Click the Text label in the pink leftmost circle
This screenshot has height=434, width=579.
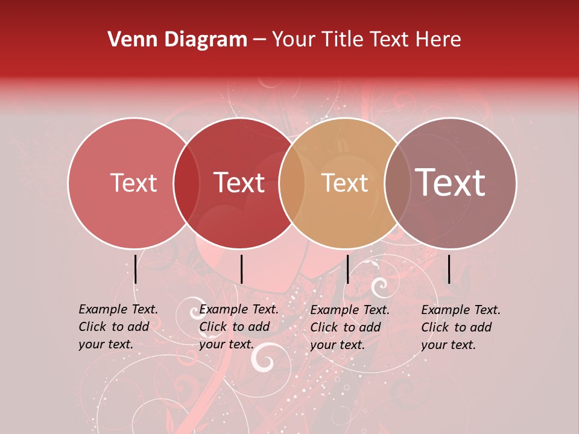[133, 183]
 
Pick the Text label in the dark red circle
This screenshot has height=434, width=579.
[239, 183]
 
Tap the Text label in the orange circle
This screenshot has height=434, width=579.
[344, 183]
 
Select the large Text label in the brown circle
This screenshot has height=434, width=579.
[451, 183]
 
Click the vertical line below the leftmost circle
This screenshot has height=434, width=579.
[135, 269]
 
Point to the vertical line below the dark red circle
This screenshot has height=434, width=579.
[241, 269]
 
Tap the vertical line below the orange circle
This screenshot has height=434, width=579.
[347, 269]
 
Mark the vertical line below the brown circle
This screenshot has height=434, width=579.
[449, 269]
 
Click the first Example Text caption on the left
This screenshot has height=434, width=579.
[118, 327]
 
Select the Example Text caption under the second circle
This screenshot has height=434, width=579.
[239, 327]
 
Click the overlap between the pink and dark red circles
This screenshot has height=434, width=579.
[186, 183]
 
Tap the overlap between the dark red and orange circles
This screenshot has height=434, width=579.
[291, 183]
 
